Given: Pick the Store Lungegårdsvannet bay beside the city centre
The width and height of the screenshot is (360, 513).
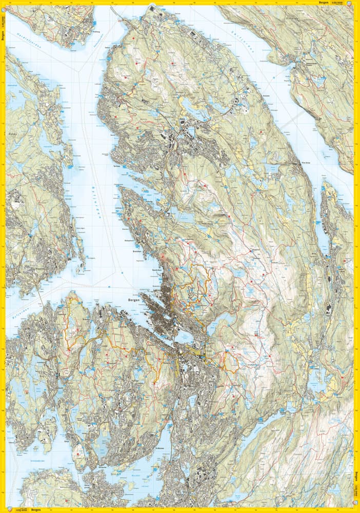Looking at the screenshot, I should click(192, 349).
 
